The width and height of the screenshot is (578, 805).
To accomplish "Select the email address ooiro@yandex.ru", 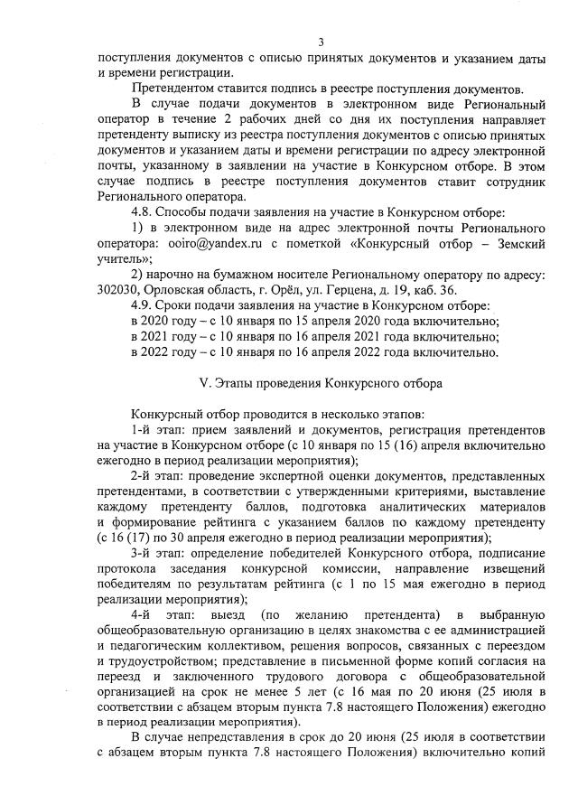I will [x=203, y=244].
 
